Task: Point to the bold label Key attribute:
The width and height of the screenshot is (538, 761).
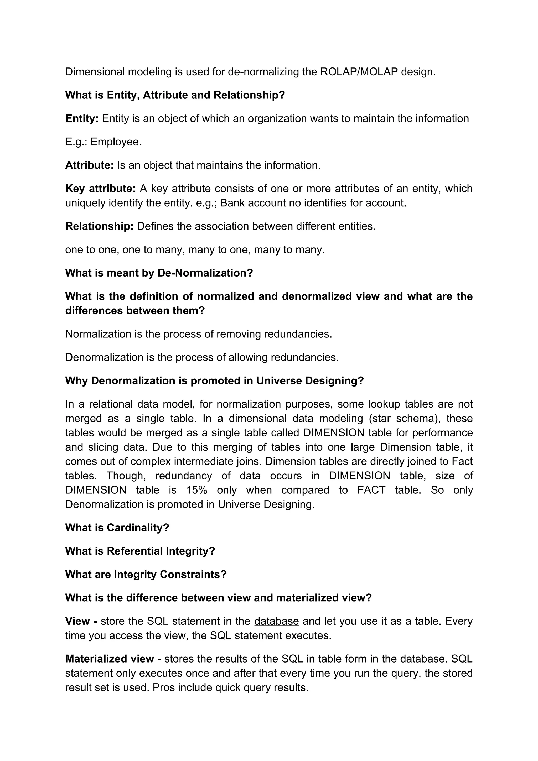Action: coord(100,189)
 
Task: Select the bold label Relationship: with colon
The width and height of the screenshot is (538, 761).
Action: coord(99,226)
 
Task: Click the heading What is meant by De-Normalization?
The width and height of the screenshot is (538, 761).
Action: coord(159,273)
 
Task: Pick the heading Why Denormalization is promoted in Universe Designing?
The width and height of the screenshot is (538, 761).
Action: coord(214,381)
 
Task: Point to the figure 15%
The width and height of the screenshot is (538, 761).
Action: coord(196,490)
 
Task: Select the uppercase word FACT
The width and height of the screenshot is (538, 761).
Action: coord(371,490)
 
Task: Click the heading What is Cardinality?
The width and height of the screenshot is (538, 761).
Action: coord(117,528)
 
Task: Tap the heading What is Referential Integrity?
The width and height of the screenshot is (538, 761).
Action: coord(140,551)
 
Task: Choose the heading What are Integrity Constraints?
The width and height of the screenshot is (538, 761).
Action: coord(146,574)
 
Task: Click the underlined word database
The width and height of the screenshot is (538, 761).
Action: coord(276,621)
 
